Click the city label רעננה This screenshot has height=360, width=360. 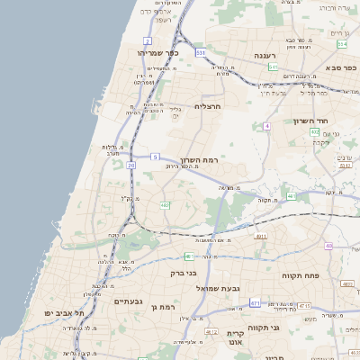click(265, 56)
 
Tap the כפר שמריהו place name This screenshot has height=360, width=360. click(159, 52)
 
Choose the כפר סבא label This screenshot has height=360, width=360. click(343, 67)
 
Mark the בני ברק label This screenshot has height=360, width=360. click(184, 271)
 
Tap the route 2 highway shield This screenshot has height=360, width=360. click(148, 41)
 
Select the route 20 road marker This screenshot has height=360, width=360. click(131, 166)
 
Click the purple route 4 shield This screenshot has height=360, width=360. click(266, 127)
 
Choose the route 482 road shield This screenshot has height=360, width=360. click(165, 205)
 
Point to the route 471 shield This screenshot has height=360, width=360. click(255, 303)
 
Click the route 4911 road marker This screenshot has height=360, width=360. click(261, 236)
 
